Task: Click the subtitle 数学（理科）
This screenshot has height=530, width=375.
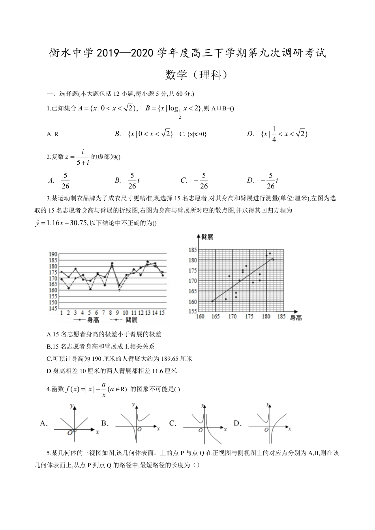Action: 197,75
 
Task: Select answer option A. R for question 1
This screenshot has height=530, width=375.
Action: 52,134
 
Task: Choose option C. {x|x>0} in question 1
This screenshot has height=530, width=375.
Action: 193,134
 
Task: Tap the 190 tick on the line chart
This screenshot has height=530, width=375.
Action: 53,254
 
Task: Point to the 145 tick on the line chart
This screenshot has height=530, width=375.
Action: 53,308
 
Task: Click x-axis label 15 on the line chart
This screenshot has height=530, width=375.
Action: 163,313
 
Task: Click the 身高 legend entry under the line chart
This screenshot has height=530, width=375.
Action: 93,320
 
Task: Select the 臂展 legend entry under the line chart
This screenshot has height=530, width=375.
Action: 131,320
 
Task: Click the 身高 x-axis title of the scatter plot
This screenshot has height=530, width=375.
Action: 296,317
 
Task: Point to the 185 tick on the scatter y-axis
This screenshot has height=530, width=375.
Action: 192,250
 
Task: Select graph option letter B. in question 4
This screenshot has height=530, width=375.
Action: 105,424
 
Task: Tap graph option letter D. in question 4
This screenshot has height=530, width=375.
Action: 237,424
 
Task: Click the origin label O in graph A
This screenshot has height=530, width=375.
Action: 70,433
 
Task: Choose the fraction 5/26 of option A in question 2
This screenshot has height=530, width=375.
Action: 66,181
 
